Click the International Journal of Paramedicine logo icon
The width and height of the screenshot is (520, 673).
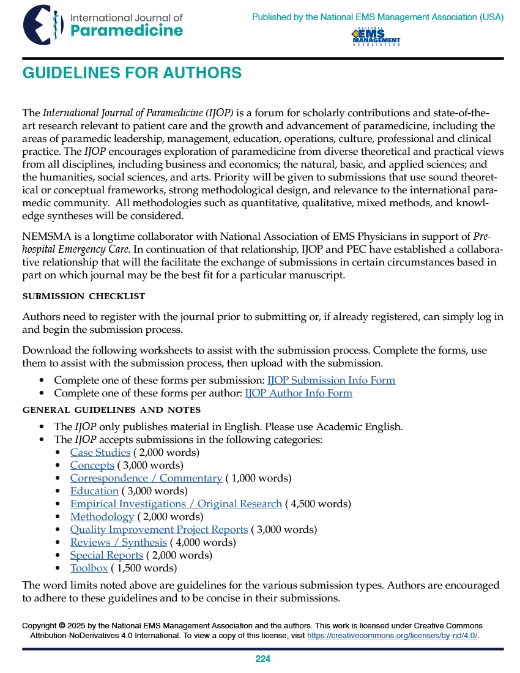(43, 24)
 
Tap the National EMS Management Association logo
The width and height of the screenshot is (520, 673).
(376, 37)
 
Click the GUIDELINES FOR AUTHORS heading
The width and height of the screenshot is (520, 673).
(132, 73)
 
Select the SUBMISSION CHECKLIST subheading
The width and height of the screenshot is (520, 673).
(84, 296)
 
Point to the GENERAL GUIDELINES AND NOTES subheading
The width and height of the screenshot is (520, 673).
(111, 410)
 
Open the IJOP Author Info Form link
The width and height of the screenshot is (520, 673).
(299, 393)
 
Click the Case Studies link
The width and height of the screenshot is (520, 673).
(100, 452)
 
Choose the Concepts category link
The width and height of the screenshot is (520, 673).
(92, 465)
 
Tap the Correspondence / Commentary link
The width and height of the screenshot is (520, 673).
(146, 478)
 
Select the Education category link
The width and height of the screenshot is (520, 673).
(94, 491)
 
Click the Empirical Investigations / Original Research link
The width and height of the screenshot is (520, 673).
(176, 504)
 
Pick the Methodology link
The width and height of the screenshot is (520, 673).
(102, 516)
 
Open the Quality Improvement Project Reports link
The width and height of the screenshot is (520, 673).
(159, 529)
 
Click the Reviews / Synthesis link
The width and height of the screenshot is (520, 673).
(119, 542)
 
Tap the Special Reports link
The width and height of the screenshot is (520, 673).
(106, 555)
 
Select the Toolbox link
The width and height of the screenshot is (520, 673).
(89, 568)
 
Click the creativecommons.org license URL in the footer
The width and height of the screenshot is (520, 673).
(392, 636)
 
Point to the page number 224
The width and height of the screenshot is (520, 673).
(263, 659)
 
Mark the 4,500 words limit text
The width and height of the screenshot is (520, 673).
(318, 504)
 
